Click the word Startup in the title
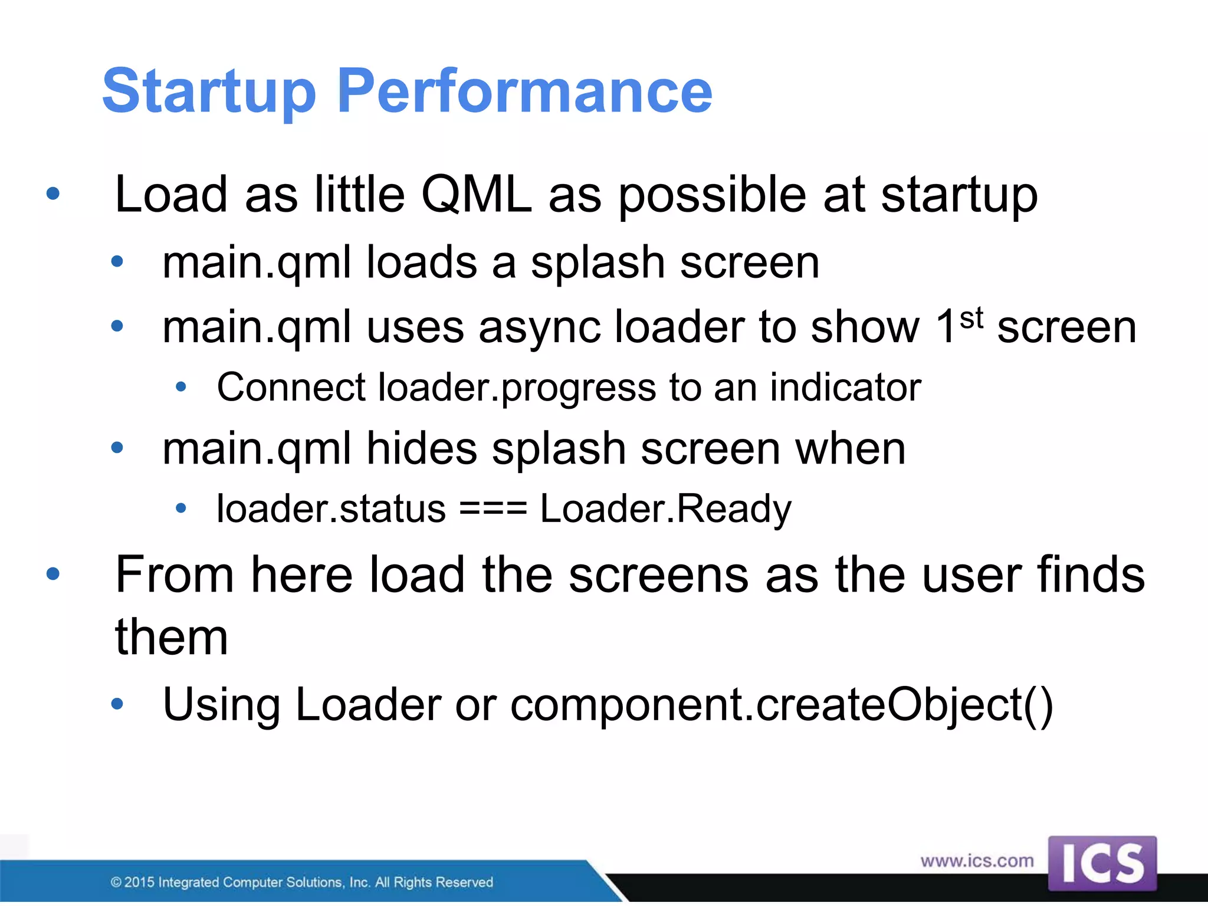click(x=209, y=91)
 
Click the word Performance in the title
click(x=524, y=91)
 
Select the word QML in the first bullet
click(x=477, y=195)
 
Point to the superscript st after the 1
click(x=971, y=319)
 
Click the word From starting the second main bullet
click(x=175, y=575)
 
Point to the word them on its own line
click(x=171, y=638)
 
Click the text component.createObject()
click(x=781, y=705)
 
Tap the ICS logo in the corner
click(x=1102, y=864)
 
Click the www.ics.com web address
click(x=977, y=861)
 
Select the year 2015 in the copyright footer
click(x=139, y=882)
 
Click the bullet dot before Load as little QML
click(x=53, y=193)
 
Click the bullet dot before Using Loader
click(x=117, y=704)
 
